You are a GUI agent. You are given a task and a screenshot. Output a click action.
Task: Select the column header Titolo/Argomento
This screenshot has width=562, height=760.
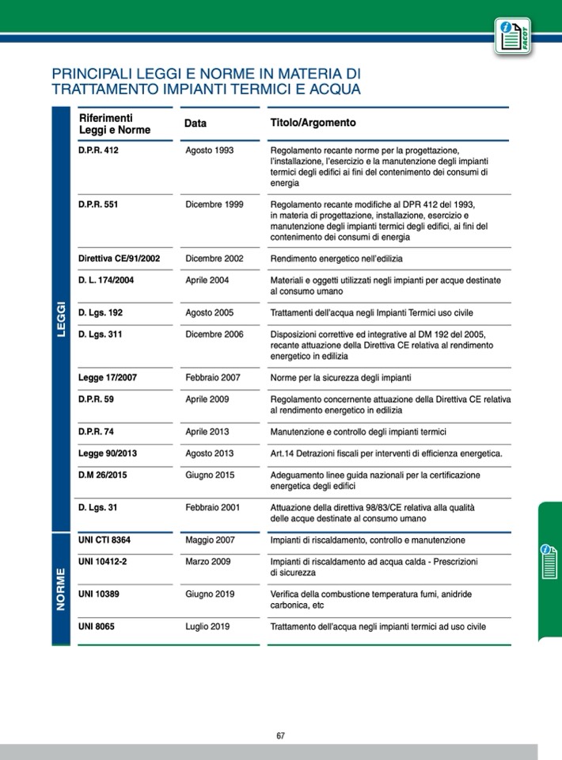[x=313, y=124]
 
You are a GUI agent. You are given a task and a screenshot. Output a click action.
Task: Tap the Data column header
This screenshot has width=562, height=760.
[x=196, y=124]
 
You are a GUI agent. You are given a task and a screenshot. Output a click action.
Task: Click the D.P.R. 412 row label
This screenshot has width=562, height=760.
[x=98, y=150]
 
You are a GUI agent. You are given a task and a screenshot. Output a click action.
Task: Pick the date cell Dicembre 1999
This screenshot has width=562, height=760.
[x=214, y=204]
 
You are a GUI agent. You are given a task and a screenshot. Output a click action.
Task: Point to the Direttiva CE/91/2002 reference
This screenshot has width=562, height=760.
[x=120, y=258]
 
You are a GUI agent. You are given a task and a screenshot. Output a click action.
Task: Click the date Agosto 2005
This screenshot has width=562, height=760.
[x=209, y=313]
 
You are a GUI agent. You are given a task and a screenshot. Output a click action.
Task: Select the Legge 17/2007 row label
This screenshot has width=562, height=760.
[x=108, y=377]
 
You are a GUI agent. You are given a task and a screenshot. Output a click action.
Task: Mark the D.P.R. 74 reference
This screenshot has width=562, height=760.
[x=97, y=432]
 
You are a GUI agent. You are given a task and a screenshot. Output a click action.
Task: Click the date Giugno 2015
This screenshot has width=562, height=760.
[x=210, y=475]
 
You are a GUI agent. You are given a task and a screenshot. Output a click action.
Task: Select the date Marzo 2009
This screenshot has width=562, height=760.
[x=207, y=562]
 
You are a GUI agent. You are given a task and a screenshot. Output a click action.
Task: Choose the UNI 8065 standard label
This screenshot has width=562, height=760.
[x=97, y=626]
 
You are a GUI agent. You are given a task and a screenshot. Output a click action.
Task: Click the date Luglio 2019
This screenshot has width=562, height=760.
[x=207, y=626]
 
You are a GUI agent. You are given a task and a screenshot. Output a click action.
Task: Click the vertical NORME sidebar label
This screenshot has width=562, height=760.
[x=62, y=587]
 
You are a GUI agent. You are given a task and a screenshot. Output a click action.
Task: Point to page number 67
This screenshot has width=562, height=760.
[x=280, y=735]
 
